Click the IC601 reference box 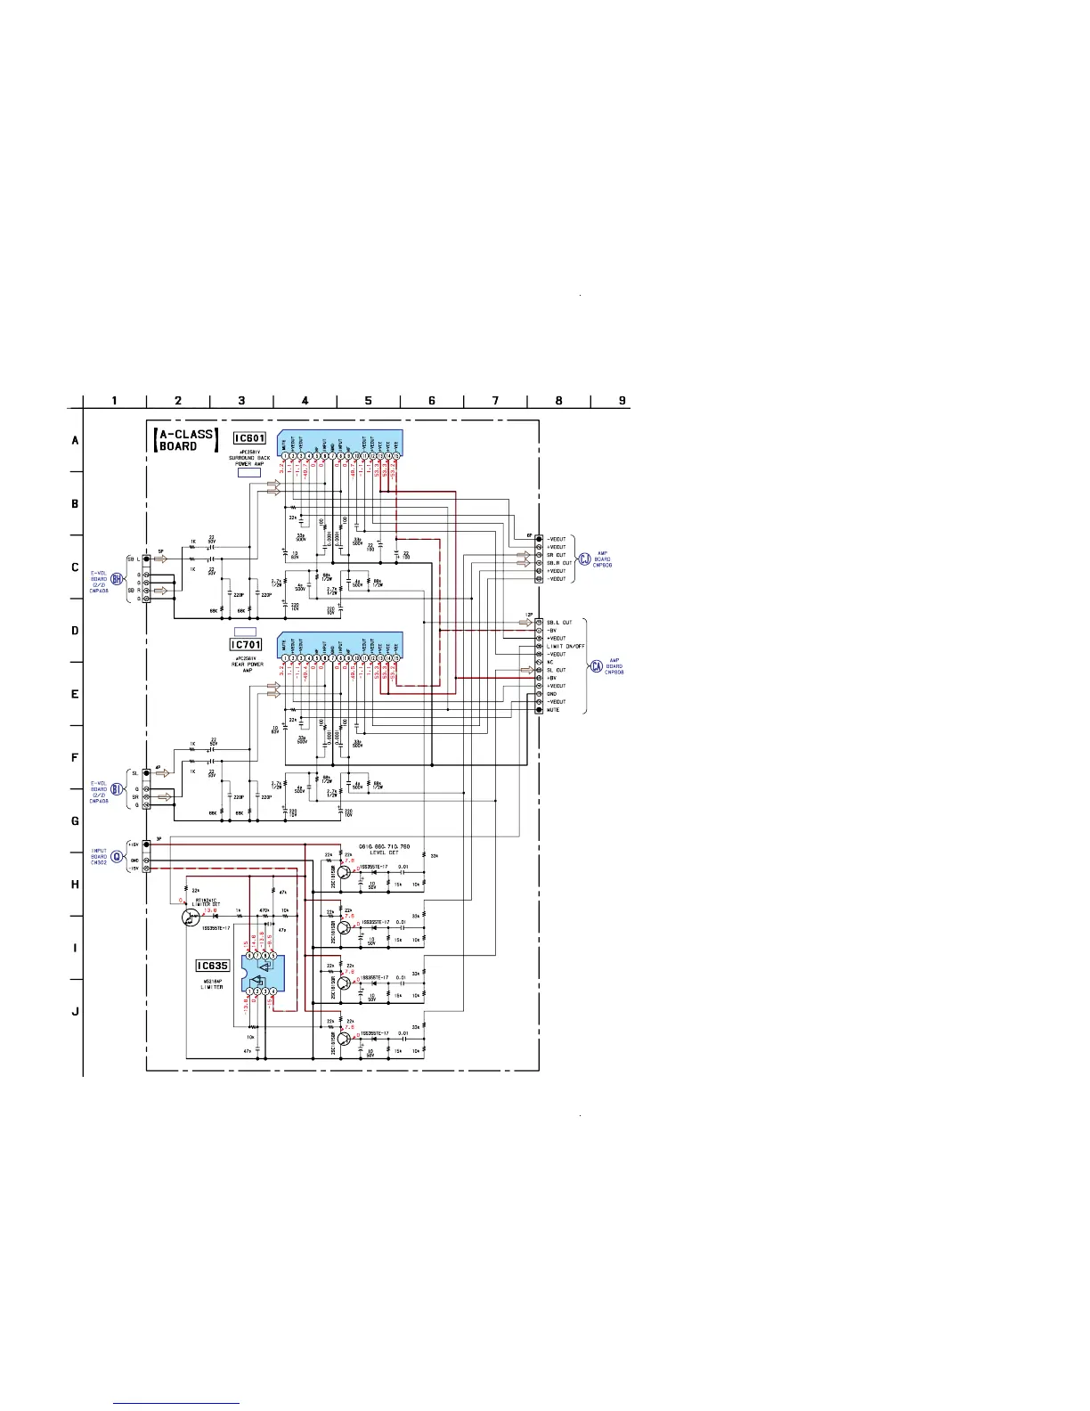248,438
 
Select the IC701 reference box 246,644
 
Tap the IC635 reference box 212,966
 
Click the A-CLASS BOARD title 184,440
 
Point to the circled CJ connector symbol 584,559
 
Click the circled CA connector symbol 596,667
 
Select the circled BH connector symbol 116,578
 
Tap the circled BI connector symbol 116,789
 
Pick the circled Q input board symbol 116,857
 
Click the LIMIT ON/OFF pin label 565,647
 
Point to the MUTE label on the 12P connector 553,710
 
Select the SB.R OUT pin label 559,563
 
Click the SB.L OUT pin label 559,623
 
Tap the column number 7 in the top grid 495,401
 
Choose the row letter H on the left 75,885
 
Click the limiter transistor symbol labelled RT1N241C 189,917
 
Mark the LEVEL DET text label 384,852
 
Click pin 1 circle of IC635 251,991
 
